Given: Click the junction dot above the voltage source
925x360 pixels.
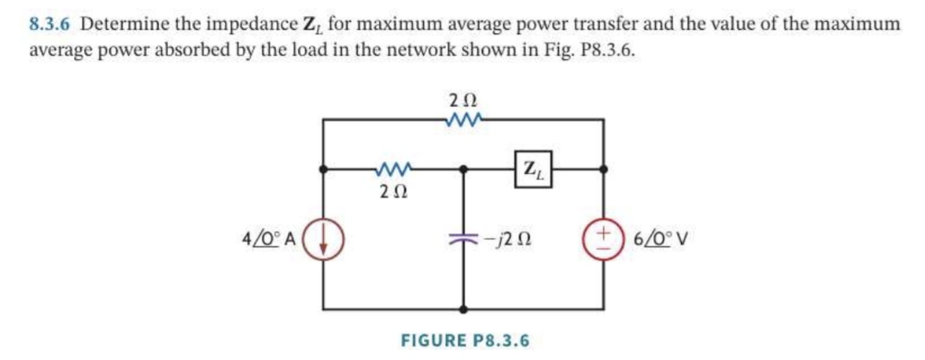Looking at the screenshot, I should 604,170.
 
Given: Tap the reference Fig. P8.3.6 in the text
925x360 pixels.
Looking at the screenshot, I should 589,50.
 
